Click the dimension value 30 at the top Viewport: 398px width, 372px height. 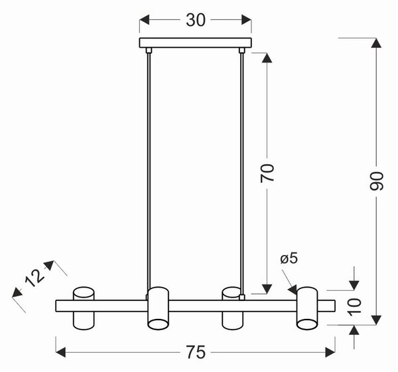pos(196,20)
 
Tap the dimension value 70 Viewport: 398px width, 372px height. pos(267,173)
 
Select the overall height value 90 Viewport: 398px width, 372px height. pos(376,181)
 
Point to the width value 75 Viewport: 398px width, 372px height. pos(196,352)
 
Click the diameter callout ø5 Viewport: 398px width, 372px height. pos(289,258)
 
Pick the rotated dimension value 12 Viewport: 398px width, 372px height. pos(34,278)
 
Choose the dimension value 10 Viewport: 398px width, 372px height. pos(355,307)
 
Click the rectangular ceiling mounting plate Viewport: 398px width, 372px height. pos(196,43)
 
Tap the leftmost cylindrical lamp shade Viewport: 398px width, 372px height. pos(84,308)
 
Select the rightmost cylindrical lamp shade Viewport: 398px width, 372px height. pos(307,308)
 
